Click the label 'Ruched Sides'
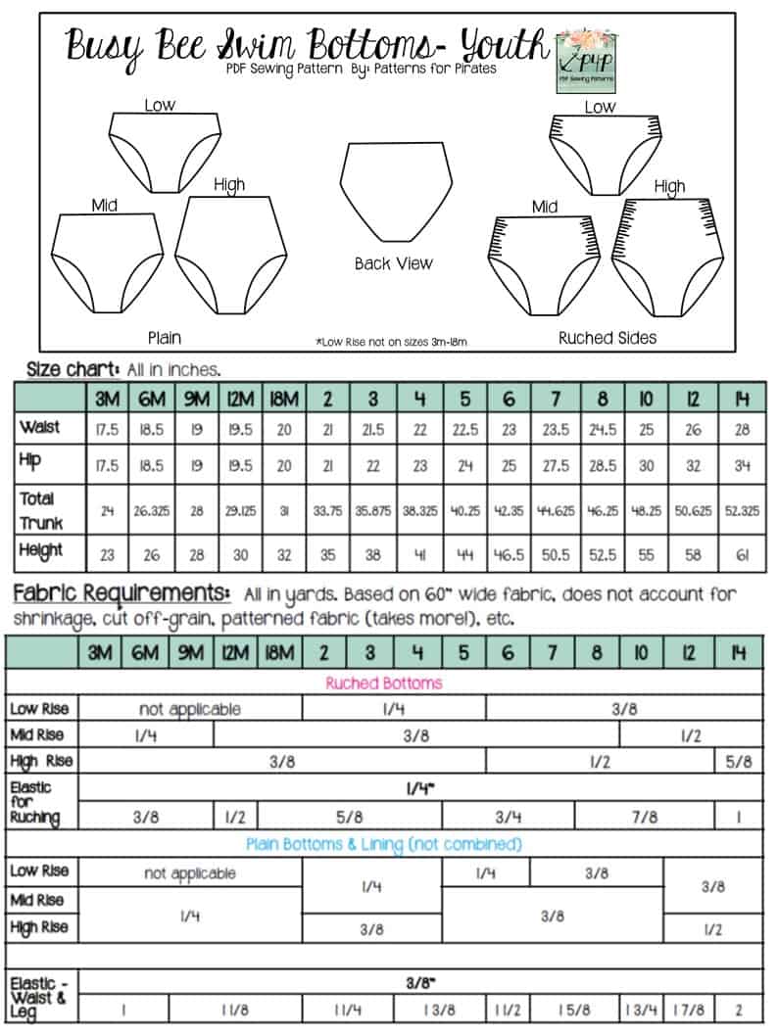(607, 338)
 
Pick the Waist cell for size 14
(741, 429)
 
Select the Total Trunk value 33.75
(327, 512)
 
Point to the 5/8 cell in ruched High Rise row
(740, 761)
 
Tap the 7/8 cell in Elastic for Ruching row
(645, 816)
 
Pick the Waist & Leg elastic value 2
(740, 1009)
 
